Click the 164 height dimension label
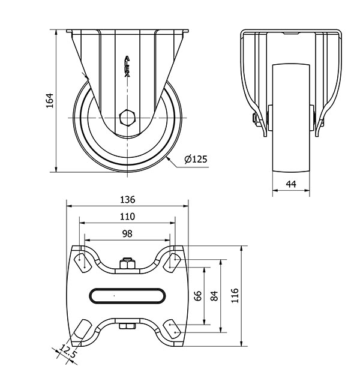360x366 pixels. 50,101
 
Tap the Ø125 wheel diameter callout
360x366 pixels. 196,159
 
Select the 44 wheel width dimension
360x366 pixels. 291,184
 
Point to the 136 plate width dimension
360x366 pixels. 127,200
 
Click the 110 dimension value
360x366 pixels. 127,217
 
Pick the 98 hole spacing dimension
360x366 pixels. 127,233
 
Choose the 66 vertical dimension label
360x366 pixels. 198,296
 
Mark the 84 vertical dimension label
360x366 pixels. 214,296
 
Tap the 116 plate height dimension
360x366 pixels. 235,296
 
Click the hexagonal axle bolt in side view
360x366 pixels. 127,118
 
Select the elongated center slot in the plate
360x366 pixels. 127,296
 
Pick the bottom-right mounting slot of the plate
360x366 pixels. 172,329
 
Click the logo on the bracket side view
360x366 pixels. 127,67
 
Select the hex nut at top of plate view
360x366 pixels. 127,263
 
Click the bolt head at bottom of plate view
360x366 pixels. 127,326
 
